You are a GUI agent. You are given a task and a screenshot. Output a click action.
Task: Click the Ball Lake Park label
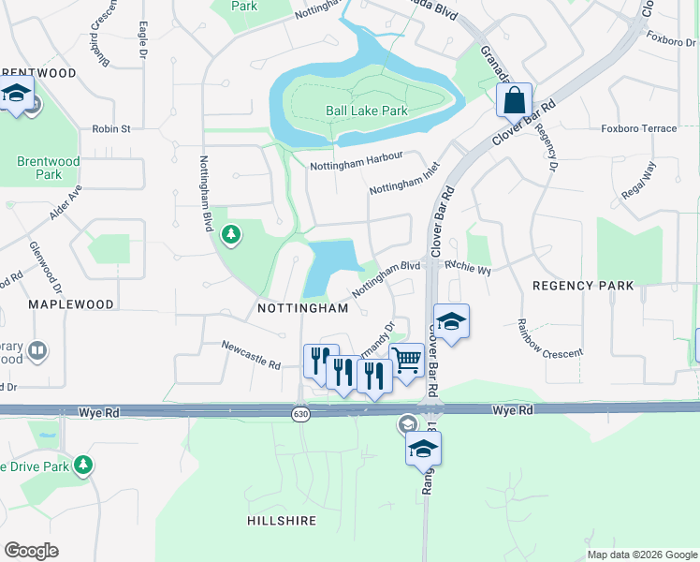[x=367, y=111]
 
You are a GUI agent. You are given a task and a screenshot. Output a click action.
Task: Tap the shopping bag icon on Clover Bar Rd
[x=515, y=99]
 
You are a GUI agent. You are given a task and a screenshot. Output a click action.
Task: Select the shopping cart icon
[x=406, y=360]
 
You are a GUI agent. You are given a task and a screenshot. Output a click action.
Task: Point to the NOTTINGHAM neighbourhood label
[x=302, y=307]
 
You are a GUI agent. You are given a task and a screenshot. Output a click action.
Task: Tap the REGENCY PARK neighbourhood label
[x=582, y=285]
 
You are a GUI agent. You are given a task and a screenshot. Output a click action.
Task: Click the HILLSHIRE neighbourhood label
[x=282, y=520]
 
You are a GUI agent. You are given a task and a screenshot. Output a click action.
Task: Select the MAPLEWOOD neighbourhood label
[x=71, y=304]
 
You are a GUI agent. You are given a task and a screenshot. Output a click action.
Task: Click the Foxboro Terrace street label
[x=638, y=128]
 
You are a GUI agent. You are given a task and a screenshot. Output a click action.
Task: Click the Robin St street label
[x=110, y=128]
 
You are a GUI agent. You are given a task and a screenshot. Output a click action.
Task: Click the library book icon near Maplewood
[x=36, y=351]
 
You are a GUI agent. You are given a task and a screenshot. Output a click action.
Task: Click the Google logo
[x=31, y=551]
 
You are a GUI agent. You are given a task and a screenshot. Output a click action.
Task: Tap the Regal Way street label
[x=638, y=181]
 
